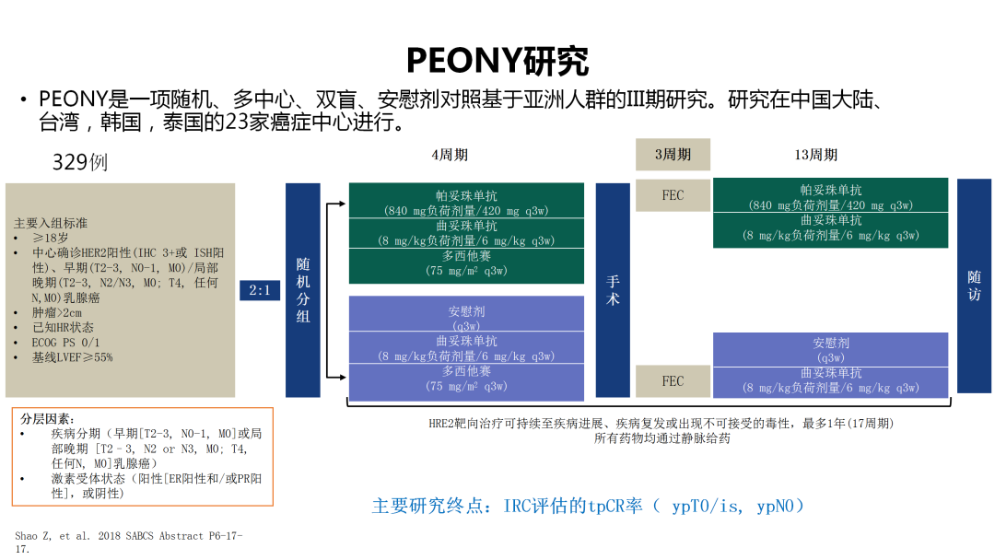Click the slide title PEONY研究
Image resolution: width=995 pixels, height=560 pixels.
click(x=497, y=60)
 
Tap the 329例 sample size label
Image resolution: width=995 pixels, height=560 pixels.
click(x=80, y=162)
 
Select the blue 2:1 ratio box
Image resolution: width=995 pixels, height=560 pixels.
click(x=260, y=290)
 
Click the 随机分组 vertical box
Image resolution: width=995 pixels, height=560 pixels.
click(x=303, y=290)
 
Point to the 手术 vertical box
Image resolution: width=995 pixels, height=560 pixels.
click(x=613, y=290)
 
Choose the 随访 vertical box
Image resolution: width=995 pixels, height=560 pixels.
click(x=974, y=286)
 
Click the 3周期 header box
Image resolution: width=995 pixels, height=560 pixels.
click(x=673, y=155)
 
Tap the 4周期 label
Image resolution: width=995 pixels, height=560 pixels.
click(x=450, y=155)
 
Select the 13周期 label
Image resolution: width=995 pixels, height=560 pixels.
click(x=815, y=155)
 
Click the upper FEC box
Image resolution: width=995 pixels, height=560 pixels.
click(x=673, y=195)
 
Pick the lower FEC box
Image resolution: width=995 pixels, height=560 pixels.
click(x=673, y=381)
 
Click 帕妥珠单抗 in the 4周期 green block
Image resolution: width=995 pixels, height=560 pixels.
click(x=466, y=196)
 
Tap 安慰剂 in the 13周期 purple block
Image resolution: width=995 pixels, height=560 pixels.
click(x=831, y=344)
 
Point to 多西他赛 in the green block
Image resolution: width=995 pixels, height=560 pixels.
click(x=466, y=256)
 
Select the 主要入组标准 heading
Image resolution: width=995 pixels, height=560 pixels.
click(x=51, y=223)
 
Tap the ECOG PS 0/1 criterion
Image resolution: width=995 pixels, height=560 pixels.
click(x=65, y=342)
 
